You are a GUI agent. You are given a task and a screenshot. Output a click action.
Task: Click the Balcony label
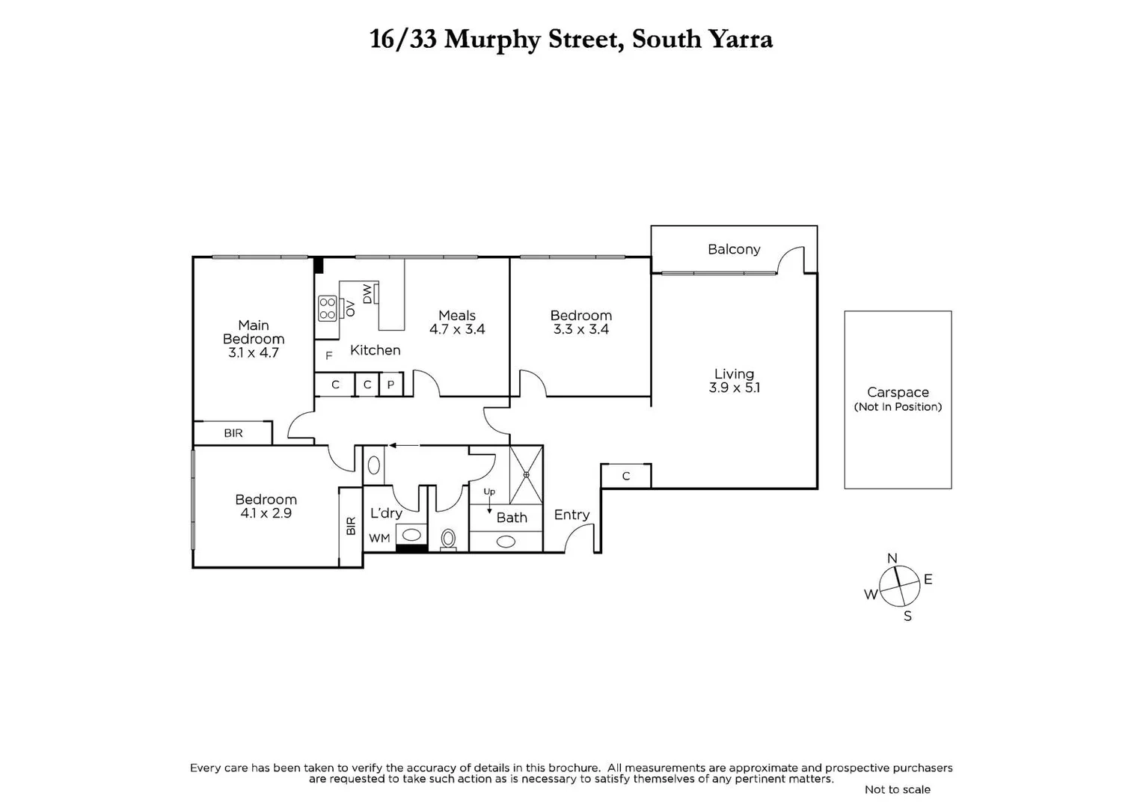(x=733, y=249)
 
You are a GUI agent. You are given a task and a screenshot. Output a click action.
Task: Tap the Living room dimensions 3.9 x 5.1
(x=734, y=388)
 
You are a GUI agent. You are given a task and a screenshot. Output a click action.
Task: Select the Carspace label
(x=898, y=392)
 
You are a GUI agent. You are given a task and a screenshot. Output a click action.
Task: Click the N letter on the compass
(x=892, y=558)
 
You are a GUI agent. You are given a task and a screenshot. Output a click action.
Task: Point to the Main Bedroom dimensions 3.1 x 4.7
(x=253, y=352)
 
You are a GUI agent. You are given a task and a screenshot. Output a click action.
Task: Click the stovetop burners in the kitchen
(x=327, y=308)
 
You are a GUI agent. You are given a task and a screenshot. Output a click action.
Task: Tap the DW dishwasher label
(x=367, y=294)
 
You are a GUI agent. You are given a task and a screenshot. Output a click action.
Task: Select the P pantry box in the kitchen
(x=390, y=385)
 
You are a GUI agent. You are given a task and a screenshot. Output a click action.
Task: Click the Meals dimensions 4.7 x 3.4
(x=457, y=329)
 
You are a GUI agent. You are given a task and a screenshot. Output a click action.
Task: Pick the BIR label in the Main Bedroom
(x=233, y=433)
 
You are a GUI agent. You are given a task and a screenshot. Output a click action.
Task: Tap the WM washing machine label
(x=379, y=538)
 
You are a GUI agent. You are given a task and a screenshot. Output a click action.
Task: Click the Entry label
(x=571, y=515)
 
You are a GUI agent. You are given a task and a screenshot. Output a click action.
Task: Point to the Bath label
(x=512, y=518)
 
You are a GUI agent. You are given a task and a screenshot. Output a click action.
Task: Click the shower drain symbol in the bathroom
(x=526, y=474)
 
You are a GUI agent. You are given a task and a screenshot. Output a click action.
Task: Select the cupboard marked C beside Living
(x=626, y=476)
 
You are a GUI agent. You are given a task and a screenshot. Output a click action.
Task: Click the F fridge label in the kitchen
(x=328, y=356)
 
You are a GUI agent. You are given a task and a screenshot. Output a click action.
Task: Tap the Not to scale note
(x=897, y=789)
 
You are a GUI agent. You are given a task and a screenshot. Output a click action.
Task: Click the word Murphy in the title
(x=491, y=39)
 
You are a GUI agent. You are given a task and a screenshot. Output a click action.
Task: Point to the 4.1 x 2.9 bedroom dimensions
(x=266, y=513)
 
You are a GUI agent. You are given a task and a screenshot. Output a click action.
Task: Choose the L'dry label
(x=386, y=513)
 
